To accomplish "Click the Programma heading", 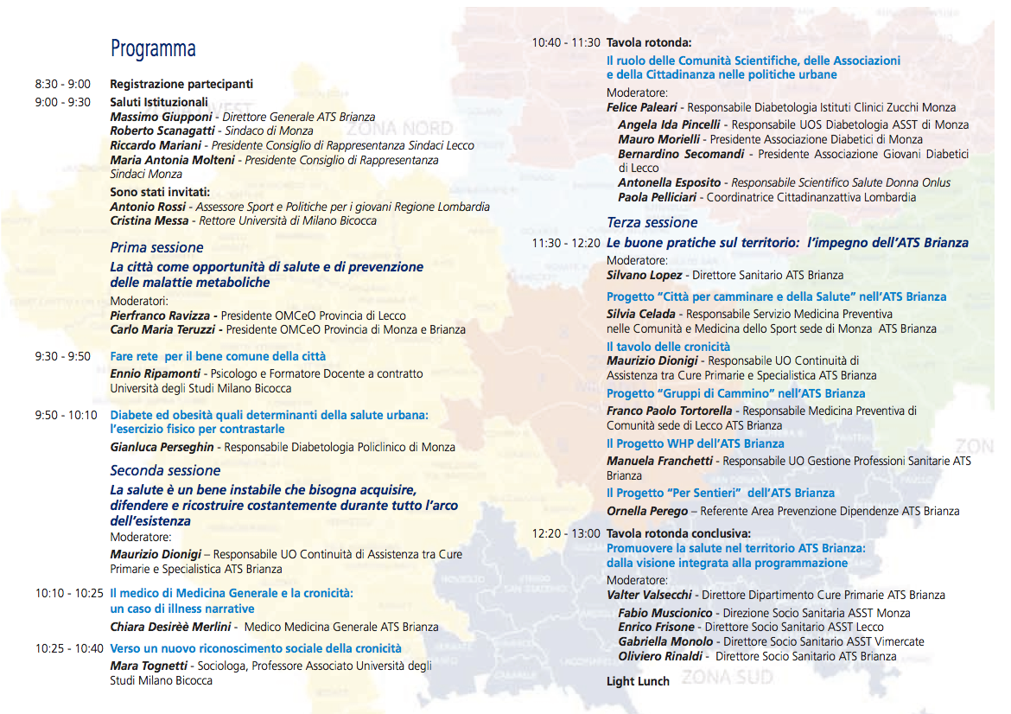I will pos(153,48).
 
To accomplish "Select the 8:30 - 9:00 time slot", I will pos(62,85).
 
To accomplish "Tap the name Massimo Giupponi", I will pos(162,117).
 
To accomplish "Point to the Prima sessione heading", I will pos(156,248).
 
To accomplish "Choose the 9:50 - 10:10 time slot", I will pos(66,415).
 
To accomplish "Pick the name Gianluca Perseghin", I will pos(163,447).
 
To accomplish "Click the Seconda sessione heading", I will pos(165,471).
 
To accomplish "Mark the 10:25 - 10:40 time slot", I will pos(69,648).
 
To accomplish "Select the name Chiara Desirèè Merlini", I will pos(170,627).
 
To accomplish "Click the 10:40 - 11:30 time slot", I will pos(566,42).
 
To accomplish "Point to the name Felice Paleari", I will pos(643,108).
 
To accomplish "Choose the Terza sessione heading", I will pos(652,223).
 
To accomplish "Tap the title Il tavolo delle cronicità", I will pos(668,347).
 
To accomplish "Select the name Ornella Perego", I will pos(647,511).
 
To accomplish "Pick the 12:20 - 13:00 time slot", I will pos(566,533).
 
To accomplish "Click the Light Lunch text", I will pos(638,681).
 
